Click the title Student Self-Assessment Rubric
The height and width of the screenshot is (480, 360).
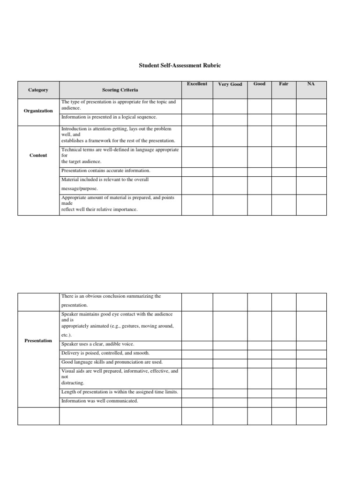pyautogui.click(x=180, y=66)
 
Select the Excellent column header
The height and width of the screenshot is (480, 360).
pyautogui.click(x=197, y=84)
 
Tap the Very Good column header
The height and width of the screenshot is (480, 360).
pyautogui.click(x=230, y=84)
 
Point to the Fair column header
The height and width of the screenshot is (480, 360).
pyautogui.click(x=284, y=84)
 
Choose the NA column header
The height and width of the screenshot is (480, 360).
pyautogui.click(x=311, y=84)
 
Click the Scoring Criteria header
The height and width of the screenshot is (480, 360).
pyautogui.click(x=120, y=90)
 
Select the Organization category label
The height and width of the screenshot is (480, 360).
pyautogui.click(x=38, y=111)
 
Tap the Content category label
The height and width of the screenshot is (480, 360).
pyautogui.click(x=38, y=155)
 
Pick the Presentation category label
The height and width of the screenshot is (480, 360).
pyautogui.click(x=38, y=340)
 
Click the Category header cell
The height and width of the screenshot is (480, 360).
pyautogui.click(x=38, y=90)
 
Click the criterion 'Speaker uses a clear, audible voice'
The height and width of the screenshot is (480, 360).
pyautogui.click(x=97, y=344)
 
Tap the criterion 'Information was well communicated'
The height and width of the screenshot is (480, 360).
pyautogui.click(x=99, y=401)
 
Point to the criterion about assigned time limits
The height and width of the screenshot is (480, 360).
pyautogui.click(x=120, y=392)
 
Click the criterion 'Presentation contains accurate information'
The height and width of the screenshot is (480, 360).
pyautogui.click(x=105, y=171)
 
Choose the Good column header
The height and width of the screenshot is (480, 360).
pyautogui.click(x=259, y=84)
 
